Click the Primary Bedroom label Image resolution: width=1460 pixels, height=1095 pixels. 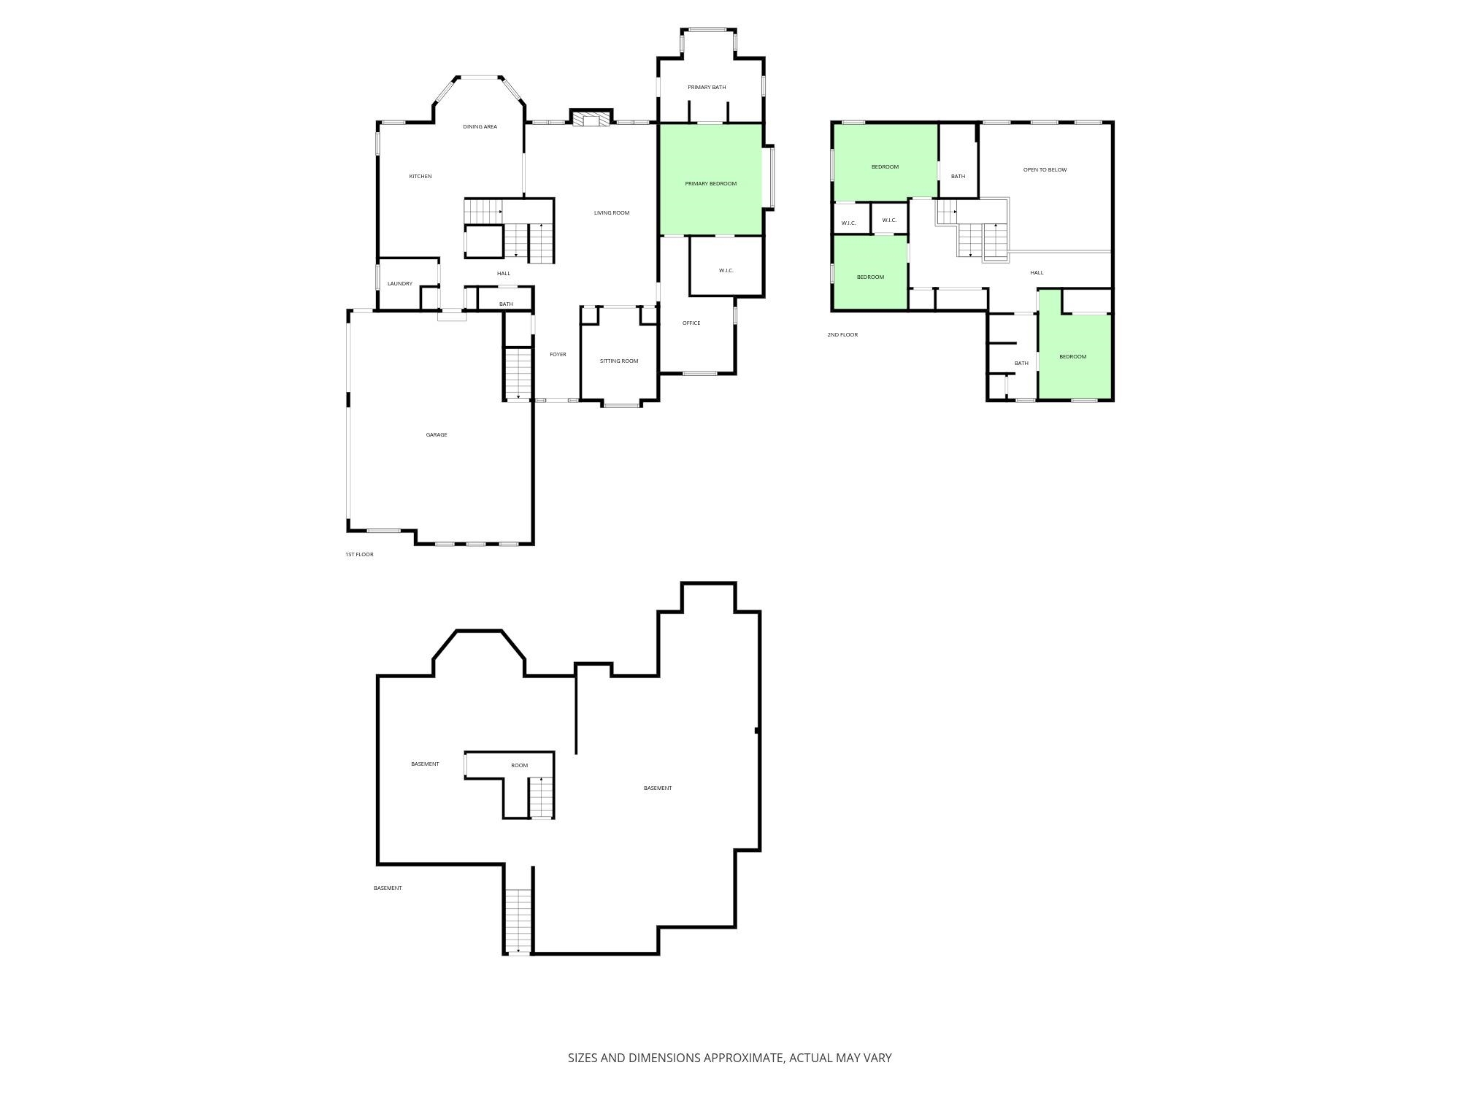[x=710, y=184]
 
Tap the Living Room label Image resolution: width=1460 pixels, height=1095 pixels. [x=611, y=213]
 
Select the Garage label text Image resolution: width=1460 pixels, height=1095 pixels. [x=437, y=435]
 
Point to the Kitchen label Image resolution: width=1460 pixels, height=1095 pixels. [x=420, y=177]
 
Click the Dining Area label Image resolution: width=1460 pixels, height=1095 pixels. [x=480, y=127]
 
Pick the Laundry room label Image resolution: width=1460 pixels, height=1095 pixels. [x=399, y=284]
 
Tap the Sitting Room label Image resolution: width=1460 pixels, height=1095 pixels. [x=619, y=361]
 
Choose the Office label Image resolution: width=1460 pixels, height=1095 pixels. [x=691, y=323]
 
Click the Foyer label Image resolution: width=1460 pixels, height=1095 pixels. [x=558, y=355]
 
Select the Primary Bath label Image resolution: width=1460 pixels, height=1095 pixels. [x=707, y=88]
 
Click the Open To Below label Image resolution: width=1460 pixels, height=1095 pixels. [x=1045, y=170]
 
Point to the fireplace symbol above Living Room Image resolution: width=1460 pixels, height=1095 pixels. [x=591, y=119]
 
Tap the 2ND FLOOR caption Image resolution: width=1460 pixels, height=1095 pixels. [x=842, y=335]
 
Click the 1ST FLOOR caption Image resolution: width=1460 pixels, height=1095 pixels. [x=359, y=555]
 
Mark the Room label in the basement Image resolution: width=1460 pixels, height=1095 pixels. [x=519, y=766]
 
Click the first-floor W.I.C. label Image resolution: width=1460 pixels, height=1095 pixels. [x=726, y=271]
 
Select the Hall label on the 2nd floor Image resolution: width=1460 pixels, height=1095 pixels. [x=1037, y=273]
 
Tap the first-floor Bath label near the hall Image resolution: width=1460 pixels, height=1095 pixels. [x=506, y=304]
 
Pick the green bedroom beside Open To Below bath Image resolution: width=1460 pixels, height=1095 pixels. [x=885, y=162]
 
